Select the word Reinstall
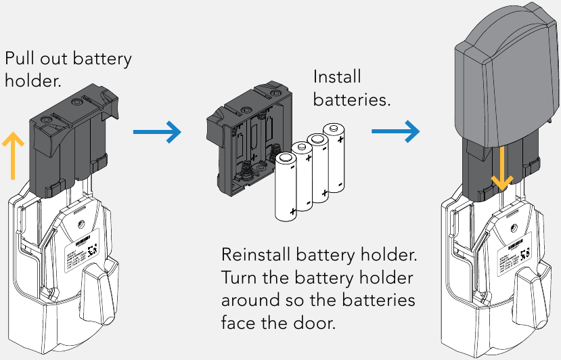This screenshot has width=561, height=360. point(257,256)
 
